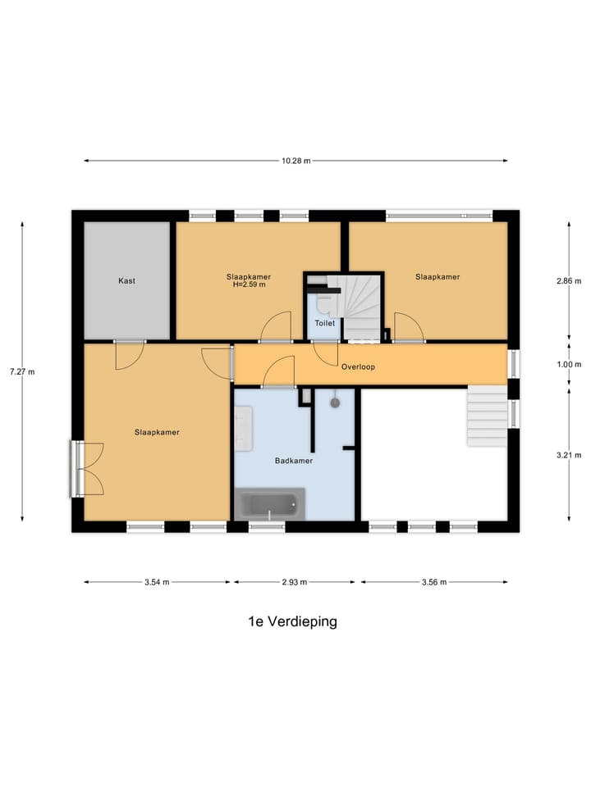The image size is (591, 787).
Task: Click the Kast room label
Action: pyautogui.click(x=126, y=280)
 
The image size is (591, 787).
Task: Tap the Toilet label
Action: pyautogui.click(x=325, y=323)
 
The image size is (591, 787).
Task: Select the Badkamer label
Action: pyautogui.click(x=294, y=461)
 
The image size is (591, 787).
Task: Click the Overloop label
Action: pyautogui.click(x=358, y=366)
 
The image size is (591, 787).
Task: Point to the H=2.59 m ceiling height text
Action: pyautogui.click(x=249, y=285)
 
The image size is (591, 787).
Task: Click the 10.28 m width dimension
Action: pyautogui.click(x=295, y=161)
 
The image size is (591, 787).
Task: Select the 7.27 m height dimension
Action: pyautogui.click(x=22, y=371)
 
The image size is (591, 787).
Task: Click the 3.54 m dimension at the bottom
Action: pyautogui.click(x=156, y=582)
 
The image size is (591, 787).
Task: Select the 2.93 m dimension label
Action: pyautogui.click(x=294, y=582)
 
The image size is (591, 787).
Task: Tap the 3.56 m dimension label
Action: pyautogui.click(x=433, y=582)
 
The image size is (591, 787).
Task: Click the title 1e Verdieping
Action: pyautogui.click(x=292, y=621)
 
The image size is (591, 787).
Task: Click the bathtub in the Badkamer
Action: pyautogui.click(x=269, y=503)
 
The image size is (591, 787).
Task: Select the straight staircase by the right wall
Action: pyautogui.click(x=487, y=416)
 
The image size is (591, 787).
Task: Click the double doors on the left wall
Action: pyautogui.click(x=87, y=469)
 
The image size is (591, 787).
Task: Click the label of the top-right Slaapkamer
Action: pyautogui.click(x=437, y=276)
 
